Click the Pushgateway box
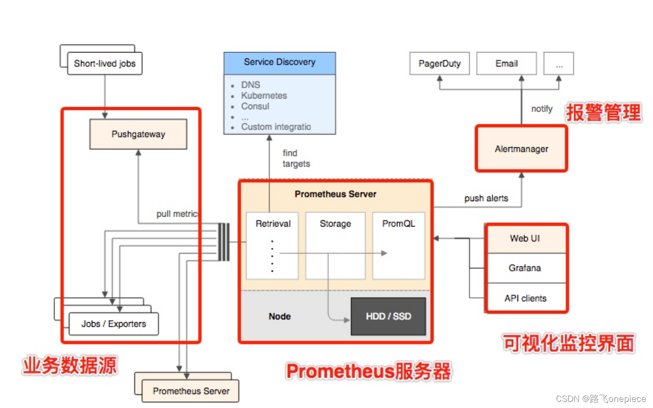(x=138, y=134)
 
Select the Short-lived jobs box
(x=105, y=64)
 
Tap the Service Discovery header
(x=279, y=62)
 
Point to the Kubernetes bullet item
(x=264, y=96)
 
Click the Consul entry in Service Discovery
(x=255, y=106)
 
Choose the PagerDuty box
(x=439, y=64)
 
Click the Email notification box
(x=506, y=64)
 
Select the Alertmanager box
(x=521, y=149)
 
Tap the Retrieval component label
(x=273, y=224)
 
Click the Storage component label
(x=335, y=224)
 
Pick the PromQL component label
(x=398, y=224)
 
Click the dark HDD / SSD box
(x=388, y=317)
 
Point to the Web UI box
(x=525, y=239)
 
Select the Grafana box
(x=525, y=268)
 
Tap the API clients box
(x=525, y=298)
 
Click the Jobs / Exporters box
(x=113, y=324)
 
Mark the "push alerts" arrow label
(x=486, y=198)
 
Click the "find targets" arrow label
(x=296, y=159)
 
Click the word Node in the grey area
(x=279, y=317)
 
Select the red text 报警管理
(x=603, y=113)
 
